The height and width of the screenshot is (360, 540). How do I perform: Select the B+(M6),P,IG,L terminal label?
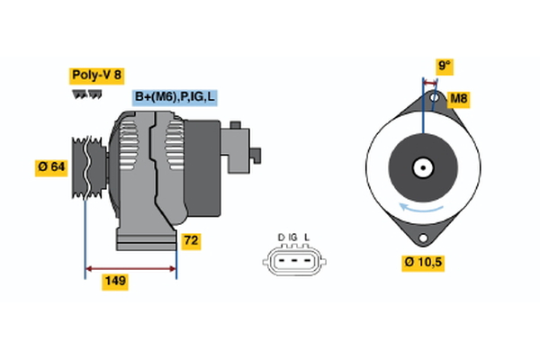pyautogui.click(x=177, y=96)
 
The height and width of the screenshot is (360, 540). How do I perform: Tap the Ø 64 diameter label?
pyautogui.click(x=52, y=168)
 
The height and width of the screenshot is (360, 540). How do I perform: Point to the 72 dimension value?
pyautogui.click(x=192, y=241)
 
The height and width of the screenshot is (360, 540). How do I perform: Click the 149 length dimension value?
pyautogui.click(x=114, y=282)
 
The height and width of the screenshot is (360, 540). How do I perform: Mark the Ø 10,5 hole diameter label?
pyautogui.click(x=423, y=263)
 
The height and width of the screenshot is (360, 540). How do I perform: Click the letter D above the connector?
pyautogui.click(x=281, y=238)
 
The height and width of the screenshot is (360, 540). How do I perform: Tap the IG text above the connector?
pyautogui.click(x=293, y=238)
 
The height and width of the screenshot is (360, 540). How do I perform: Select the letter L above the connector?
pyautogui.click(x=307, y=238)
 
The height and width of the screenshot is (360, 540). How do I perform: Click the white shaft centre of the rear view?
pyautogui.click(x=422, y=167)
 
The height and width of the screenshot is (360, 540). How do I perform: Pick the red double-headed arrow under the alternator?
pyautogui.click(x=130, y=267)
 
